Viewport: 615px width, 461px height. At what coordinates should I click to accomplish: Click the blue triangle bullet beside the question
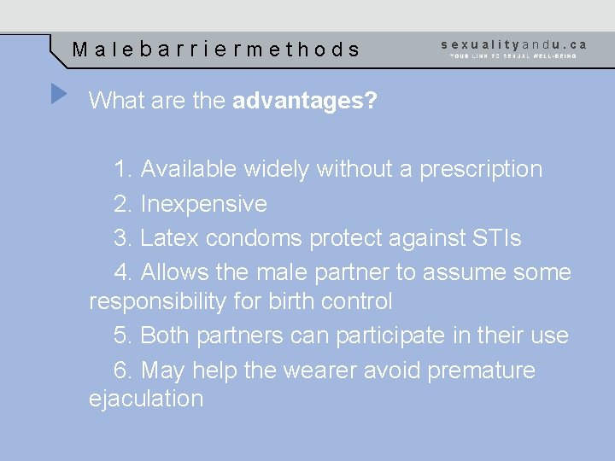tap(58, 93)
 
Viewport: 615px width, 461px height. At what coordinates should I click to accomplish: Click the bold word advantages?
tap(305, 102)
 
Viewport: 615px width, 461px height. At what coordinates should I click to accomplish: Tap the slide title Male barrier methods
tap(216, 50)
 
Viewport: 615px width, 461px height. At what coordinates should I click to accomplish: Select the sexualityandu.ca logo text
tap(514, 44)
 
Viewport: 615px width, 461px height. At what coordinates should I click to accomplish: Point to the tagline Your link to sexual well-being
tap(513, 56)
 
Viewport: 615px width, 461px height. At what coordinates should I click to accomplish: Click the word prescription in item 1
tap(480, 169)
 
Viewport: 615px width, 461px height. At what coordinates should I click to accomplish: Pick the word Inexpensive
tap(203, 204)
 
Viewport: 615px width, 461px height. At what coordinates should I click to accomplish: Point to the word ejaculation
tap(146, 399)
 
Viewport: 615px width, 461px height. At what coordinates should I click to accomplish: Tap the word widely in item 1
tap(277, 169)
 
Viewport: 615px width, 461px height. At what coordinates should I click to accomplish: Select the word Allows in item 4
tap(176, 272)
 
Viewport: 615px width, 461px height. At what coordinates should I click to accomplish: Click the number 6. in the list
tap(123, 371)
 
